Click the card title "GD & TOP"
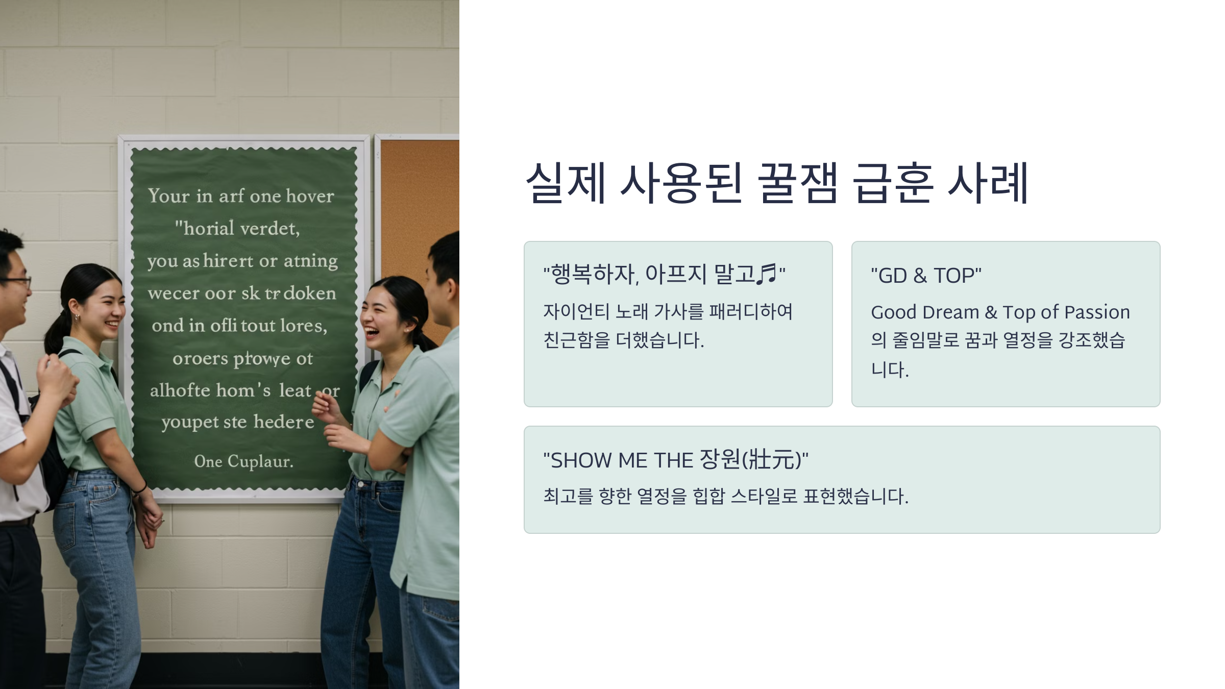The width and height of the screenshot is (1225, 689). click(x=926, y=276)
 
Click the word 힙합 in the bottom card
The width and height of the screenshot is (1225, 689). click(x=708, y=496)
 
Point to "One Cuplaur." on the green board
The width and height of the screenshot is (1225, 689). click(x=243, y=461)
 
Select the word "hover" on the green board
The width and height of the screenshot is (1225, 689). click(x=310, y=196)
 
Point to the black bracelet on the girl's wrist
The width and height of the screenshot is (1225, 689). click(x=139, y=488)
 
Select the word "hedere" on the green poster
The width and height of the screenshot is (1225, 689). click(x=284, y=422)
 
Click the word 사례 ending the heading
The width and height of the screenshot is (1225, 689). click(x=988, y=183)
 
